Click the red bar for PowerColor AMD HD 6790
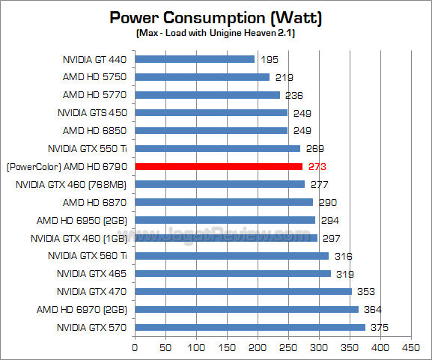[x=219, y=166]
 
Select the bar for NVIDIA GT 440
[x=195, y=58]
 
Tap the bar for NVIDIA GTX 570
[x=250, y=327]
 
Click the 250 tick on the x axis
[x=288, y=347]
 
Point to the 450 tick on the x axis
[x=411, y=347]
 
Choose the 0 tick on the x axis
[x=135, y=347]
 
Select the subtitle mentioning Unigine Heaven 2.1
[x=216, y=34]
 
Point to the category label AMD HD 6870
[x=95, y=202]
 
